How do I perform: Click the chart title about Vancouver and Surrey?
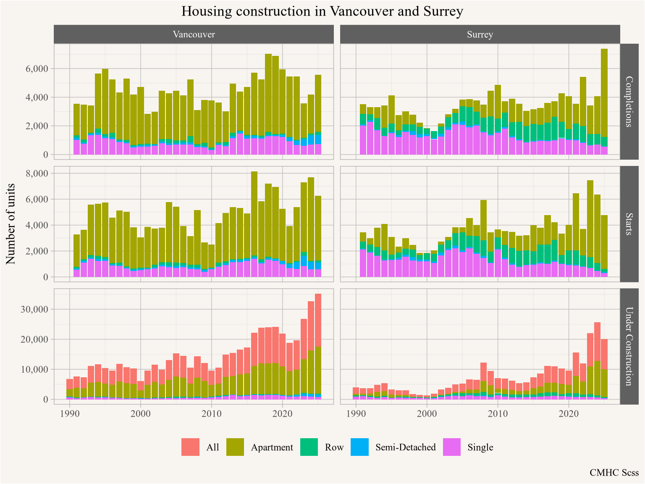click(x=322, y=11)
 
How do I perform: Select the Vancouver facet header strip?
click(x=194, y=34)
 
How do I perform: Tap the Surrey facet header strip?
click(x=480, y=34)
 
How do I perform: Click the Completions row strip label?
click(x=629, y=101)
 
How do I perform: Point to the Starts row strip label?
click(x=629, y=224)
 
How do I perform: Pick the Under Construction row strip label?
click(x=629, y=346)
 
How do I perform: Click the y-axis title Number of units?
click(x=11, y=224)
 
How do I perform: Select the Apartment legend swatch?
click(x=235, y=447)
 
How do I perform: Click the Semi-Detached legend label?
click(x=406, y=447)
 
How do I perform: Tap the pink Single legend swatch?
click(x=452, y=447)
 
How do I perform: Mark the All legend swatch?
click(x=190, y=447)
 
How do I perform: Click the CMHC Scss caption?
click(x=614, y=473)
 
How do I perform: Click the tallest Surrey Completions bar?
click(x=604, y=101)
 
